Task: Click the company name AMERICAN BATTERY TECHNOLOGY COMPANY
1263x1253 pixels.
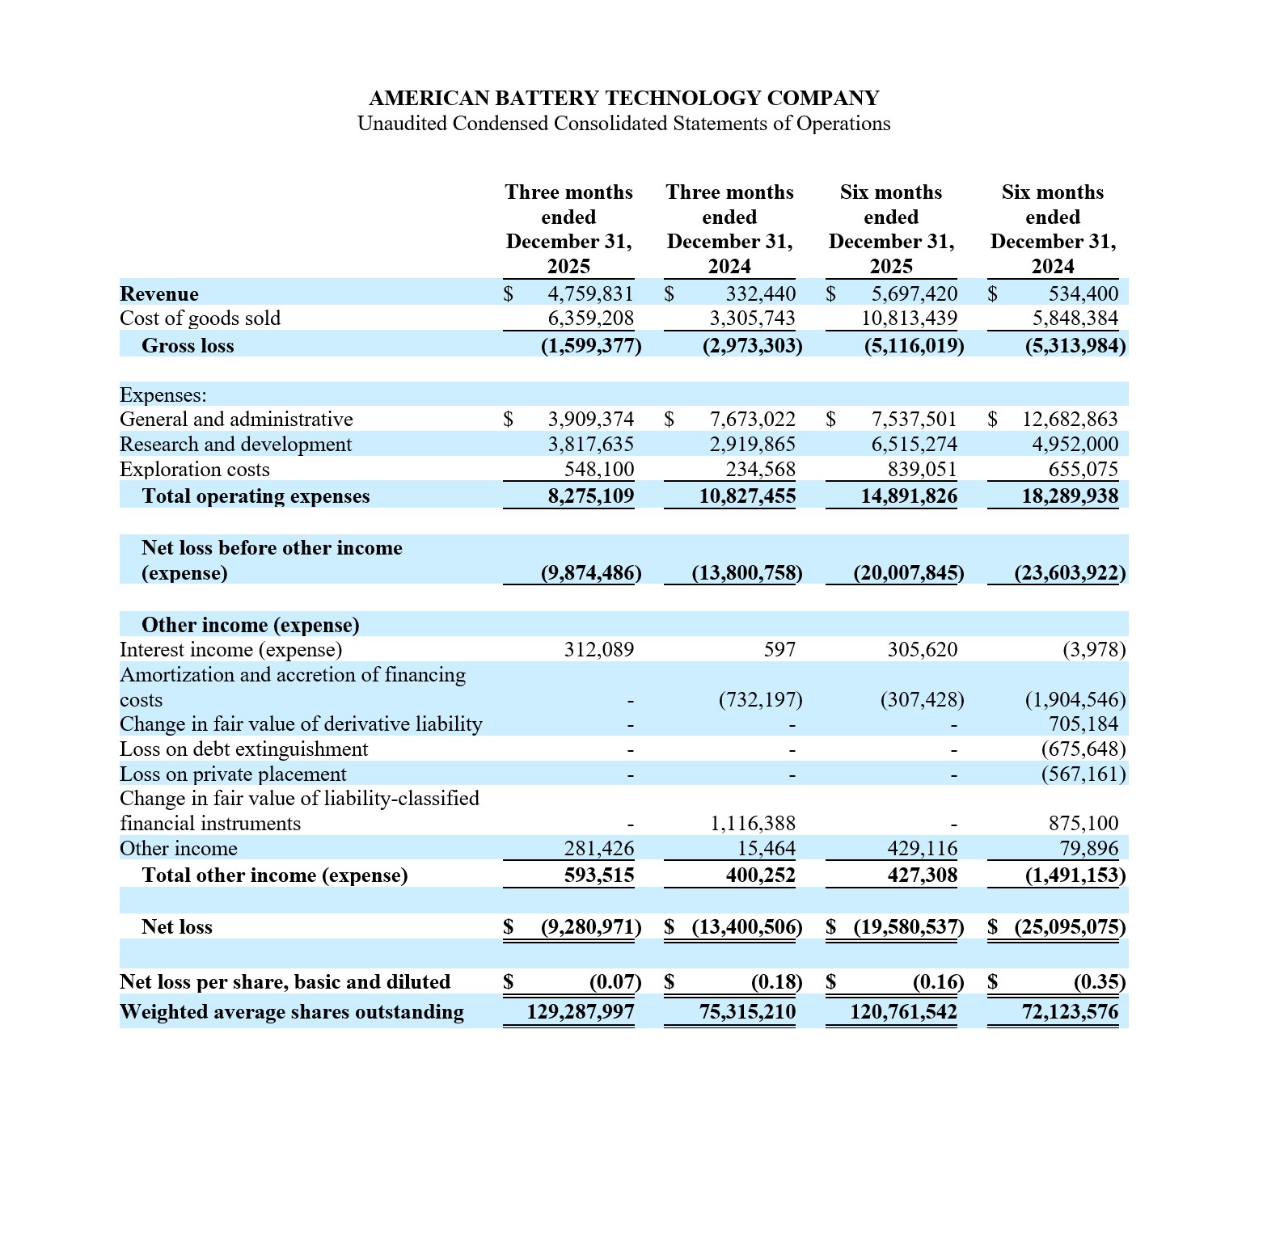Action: [623, 99]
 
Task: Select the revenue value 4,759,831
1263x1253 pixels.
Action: [590, 293]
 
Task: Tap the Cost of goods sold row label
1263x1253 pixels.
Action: [200, 319]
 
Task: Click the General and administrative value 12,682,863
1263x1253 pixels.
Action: [1070, 420]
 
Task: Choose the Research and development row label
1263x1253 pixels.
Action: [235, 445]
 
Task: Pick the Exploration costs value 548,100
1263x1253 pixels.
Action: [599, 470]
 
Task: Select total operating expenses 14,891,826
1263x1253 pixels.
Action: [908, 496]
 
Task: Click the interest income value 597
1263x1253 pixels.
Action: [779, 650]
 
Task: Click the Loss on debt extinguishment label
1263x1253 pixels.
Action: [243, 749]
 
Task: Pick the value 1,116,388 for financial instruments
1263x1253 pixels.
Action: [753, 824]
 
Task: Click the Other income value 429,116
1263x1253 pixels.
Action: [922, 849]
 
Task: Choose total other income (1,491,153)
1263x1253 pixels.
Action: [1075, 875]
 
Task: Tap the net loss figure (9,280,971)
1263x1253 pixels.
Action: [591, 927]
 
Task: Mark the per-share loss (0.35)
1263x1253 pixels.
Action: [1099, 982]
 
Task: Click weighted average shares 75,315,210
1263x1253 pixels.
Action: [747, 1012]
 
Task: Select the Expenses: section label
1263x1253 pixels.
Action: [163, 395]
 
